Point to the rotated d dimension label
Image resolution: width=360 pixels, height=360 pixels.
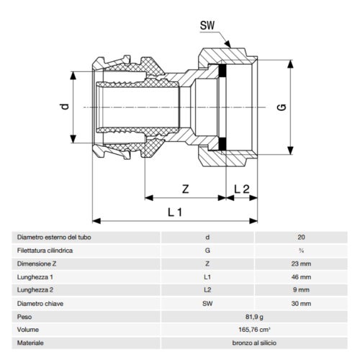65,107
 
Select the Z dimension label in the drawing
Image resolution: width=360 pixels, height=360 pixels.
186,189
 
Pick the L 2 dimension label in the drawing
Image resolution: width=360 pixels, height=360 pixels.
242,189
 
